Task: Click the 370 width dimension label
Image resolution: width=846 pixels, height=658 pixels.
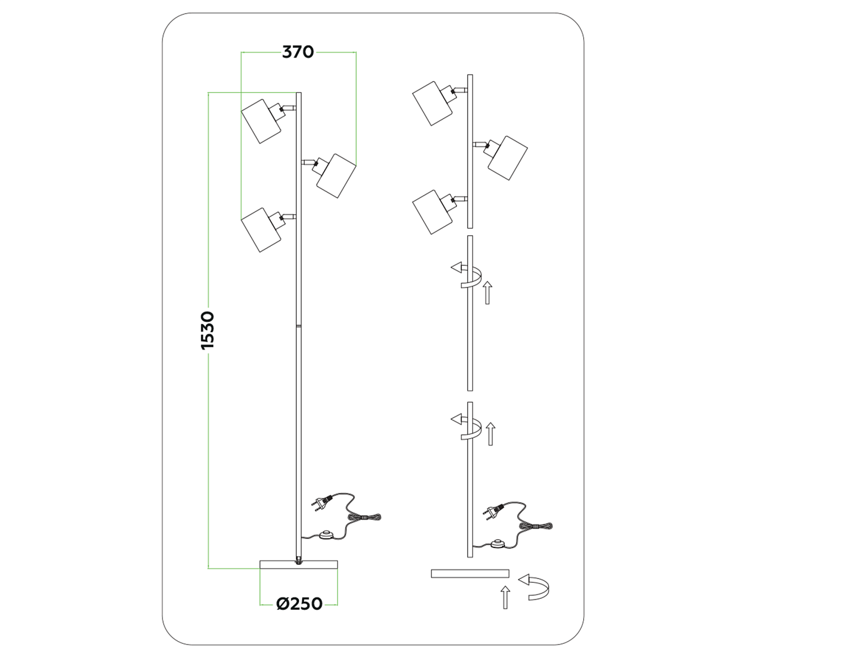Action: (x=298, y=52)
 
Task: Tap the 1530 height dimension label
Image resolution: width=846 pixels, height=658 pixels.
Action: (x=208, y=330)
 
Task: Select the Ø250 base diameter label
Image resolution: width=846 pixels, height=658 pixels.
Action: (x=299, y=604)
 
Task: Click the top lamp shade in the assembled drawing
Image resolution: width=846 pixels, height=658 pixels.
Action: (x=261, y=121)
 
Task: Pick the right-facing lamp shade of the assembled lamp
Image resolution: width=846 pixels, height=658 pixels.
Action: (x=336, y=175)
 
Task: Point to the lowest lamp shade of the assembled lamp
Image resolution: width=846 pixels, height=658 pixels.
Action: (x=261, y=229)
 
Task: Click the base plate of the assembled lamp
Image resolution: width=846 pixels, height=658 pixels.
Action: (x=298, y=565)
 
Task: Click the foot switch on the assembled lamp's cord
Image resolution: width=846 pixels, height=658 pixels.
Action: (x=326, y=535)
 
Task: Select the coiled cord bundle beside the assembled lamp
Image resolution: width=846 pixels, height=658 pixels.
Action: (x=365, y=518)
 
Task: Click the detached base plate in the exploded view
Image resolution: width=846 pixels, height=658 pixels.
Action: (x=470, y=573)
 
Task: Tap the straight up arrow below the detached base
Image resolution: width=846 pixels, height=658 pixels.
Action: (x=505, y=597)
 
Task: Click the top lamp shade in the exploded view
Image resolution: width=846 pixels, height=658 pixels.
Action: (x=433, y=104)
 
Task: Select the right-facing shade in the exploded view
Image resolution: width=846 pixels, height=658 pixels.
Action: (x=508, y=158)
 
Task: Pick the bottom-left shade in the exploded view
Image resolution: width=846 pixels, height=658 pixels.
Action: (x=433, y=212)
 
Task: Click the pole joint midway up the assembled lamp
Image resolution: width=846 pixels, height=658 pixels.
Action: (x=298, y=326)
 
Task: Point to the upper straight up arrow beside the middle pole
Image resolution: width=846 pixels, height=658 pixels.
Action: (x=488, y=293)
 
